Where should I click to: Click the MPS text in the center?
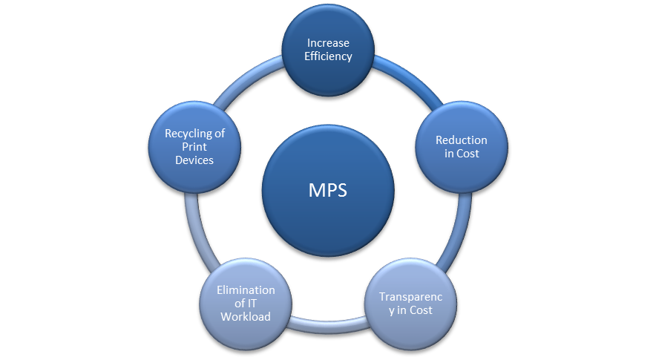(x=327, y=190)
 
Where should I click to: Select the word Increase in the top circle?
(x=328, y=44)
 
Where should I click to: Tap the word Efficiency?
(x=328, y=56)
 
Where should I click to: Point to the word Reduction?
(x=462, y=140)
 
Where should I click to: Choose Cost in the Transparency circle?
(x=419, y=310)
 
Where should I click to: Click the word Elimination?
(x=246, y=290)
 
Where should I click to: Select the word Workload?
(x=246, y=317)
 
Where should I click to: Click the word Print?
(x=195, y=147)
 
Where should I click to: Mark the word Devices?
(x=195, y=160)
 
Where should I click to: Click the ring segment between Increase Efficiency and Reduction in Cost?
(x=412, y=82)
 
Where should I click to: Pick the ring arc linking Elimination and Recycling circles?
(x=191, y=230)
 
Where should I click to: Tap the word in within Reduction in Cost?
(x=450, y=154)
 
